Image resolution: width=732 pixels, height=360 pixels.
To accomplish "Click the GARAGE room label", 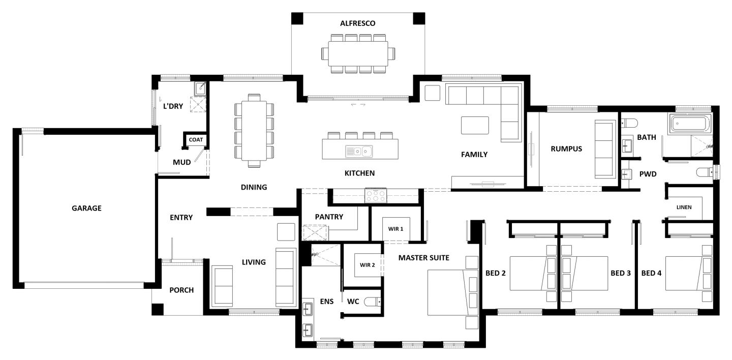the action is [x=86, y=208].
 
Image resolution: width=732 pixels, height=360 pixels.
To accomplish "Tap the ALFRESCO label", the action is [x=357, y=23].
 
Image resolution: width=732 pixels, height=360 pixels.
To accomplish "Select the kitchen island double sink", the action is [x=359, y=152].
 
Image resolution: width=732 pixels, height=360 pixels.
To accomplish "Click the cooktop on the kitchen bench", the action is [x=376, y=196].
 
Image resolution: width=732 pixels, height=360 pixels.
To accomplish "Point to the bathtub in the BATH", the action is [x=690, y=124].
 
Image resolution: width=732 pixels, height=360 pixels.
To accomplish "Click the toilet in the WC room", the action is [x=372, y=302].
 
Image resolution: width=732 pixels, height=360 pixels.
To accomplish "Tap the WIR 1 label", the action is [x=395, y=229].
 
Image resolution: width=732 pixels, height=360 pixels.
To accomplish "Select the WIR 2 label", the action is [x=368, y=265].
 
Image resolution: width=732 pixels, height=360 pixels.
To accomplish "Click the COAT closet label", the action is [x=196, y=140].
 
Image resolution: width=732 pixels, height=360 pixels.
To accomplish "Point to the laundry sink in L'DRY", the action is [x=200, y=88].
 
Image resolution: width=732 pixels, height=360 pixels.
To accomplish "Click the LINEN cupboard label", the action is [x=684, y=207].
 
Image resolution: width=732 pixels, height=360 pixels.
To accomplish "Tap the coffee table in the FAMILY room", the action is [x=475, y=125].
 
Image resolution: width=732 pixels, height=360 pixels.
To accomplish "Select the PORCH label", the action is [x=181, y=290].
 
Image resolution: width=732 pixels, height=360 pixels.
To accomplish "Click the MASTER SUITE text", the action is [x=424, y=258].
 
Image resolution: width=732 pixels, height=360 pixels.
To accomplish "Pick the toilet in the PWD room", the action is [x=705, y=172].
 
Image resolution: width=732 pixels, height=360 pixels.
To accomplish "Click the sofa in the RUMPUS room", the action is [x=605, y=149].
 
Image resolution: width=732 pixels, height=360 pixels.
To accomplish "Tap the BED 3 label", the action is [x=621, y=273].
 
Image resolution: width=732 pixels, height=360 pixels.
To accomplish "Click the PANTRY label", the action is [x=329, y=217].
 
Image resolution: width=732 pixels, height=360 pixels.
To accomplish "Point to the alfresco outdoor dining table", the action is [x=358, y=53].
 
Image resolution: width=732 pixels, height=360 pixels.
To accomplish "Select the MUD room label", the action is [x=181, y=162].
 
